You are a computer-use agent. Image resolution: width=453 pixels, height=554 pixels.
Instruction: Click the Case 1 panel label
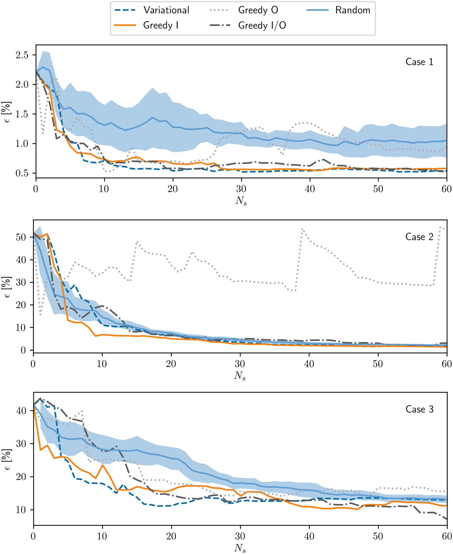pos(419,62)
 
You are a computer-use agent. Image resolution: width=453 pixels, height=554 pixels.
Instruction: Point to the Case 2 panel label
pos(419,237)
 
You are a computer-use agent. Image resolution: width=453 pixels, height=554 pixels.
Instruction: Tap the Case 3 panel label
pos(419,409)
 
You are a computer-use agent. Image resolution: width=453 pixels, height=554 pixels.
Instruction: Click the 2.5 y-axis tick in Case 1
pos(22,55)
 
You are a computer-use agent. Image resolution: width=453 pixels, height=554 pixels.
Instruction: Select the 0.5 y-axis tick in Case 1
pos(22,173)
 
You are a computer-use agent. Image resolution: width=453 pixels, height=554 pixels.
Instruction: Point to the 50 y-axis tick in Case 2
pos(21,237)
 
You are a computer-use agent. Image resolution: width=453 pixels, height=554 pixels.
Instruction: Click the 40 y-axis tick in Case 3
pos(21,411)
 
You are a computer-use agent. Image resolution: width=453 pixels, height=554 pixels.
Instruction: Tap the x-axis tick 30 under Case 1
pos(241,189)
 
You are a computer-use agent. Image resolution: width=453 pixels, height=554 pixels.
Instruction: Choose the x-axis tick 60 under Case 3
pos(447,536)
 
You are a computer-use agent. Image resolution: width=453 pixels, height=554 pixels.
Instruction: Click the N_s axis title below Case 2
pos(240,376)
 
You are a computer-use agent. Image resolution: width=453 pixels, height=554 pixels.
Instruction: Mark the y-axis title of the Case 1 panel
pos(8,112)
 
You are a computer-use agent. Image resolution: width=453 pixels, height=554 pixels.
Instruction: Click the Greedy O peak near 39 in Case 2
pos(302,229)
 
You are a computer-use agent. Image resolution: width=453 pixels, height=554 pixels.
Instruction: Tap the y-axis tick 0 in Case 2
pos(23,350)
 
